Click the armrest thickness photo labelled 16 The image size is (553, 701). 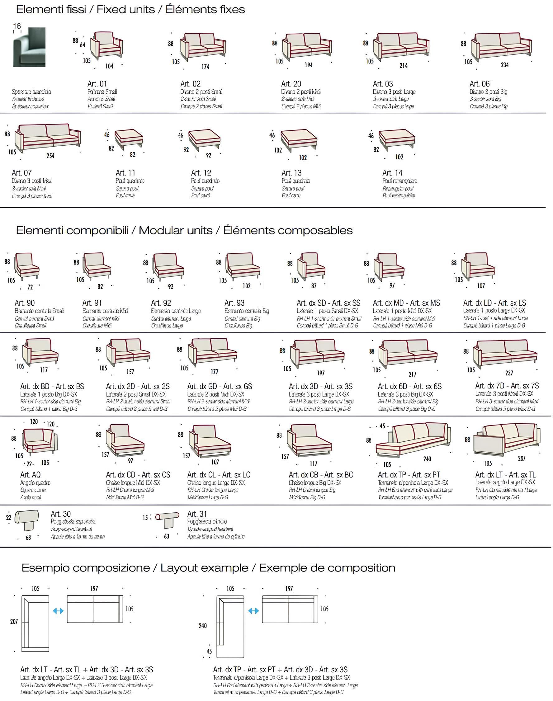click(x=29, y=47)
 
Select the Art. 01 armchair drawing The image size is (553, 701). click(x=107, y=45)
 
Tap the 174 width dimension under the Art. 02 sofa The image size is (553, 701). click(x=205, y=67)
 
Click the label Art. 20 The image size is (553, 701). click(x=291, y=84)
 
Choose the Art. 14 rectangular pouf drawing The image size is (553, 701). click(x=396, y=140)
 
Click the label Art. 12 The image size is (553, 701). click(x=201, y=173)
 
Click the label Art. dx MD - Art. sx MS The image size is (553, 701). click(x=406, y=303)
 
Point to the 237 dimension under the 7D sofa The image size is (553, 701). click(x=509, y=373)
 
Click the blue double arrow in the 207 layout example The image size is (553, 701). click(x=58, y=611)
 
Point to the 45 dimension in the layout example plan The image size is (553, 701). click(x=209, y=651)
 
